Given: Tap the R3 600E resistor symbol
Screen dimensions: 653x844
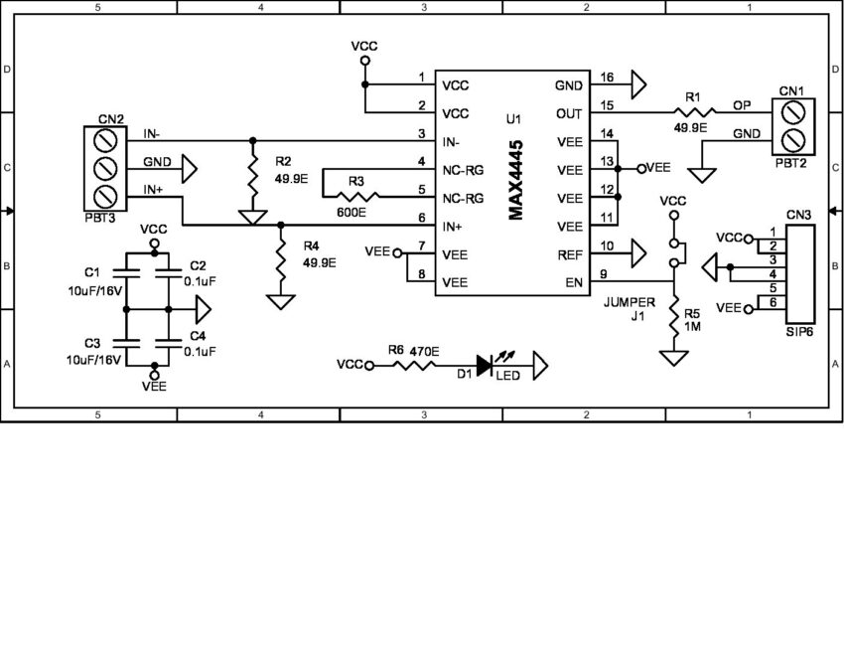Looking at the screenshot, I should (x=351, y=197).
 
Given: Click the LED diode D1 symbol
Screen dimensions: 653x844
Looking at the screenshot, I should (x=485, y=366).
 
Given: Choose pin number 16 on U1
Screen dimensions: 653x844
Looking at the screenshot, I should (x=607, y=78).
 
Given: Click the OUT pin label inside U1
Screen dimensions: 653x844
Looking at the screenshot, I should (x=569, y=113).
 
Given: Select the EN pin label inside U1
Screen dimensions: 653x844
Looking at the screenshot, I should (x=575, y=282).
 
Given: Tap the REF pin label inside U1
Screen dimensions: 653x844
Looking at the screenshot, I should (x=570, y=255).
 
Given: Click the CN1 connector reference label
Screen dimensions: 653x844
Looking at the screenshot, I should (x=791, y=90).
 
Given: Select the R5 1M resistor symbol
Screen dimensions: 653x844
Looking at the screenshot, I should (x=674, y=320).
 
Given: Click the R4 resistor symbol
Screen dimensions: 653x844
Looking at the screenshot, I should (x=282, y=261).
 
